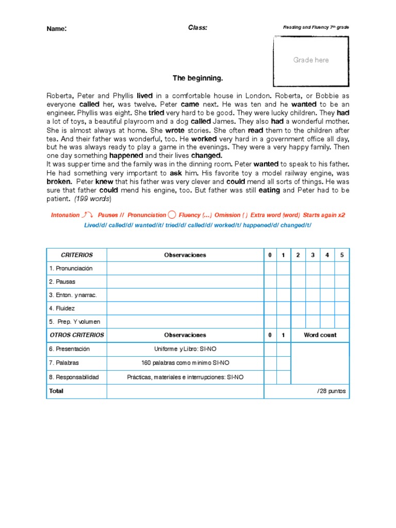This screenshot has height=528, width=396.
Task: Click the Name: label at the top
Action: click(57, 29)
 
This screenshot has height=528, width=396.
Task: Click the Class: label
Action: click(197, 28)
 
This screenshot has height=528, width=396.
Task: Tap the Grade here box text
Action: click(311, 60)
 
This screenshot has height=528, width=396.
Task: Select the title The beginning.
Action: click(198, 78)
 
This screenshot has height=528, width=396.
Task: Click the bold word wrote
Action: click(175, 130)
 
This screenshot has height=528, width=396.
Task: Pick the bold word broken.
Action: click(59, 181)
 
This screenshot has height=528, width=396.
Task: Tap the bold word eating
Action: click(269, 190)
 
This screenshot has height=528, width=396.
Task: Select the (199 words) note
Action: click(93, 199)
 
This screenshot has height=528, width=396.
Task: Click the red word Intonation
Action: click(65, 215)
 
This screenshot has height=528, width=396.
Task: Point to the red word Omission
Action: click(227, 215)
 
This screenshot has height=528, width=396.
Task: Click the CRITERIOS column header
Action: click(77, 255)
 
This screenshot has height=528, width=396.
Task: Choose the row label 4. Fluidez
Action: click(62, 308)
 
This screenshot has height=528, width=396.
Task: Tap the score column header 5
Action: click(341, 255)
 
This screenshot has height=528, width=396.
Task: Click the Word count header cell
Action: click(320, 335)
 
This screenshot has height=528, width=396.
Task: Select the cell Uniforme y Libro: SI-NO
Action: click(185, 349)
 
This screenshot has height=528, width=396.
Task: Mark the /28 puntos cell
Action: click(332, 391)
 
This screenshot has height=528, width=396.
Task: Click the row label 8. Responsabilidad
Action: click(74, 377)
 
